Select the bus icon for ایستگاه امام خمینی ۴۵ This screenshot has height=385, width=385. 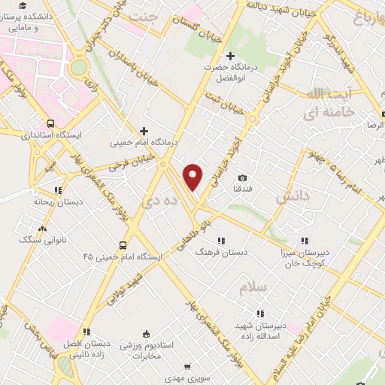tap(123, 245)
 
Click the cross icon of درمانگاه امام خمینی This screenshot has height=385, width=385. tap(144, 130)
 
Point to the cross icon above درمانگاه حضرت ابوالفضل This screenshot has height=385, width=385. tap(231, 56)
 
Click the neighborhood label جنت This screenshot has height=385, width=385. tap(144, 15)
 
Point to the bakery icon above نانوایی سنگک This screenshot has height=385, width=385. tap(41, 228)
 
